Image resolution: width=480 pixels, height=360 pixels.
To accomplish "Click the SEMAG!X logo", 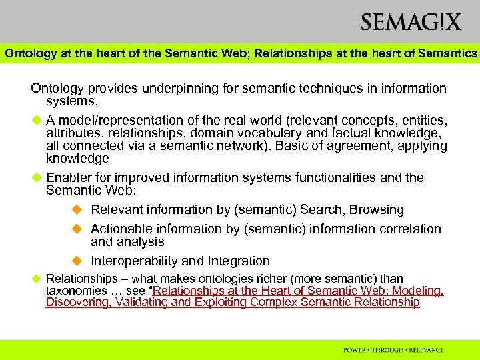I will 411,23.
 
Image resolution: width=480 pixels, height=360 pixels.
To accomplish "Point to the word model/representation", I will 118,121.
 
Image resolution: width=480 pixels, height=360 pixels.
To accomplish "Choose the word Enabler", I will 70,178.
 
